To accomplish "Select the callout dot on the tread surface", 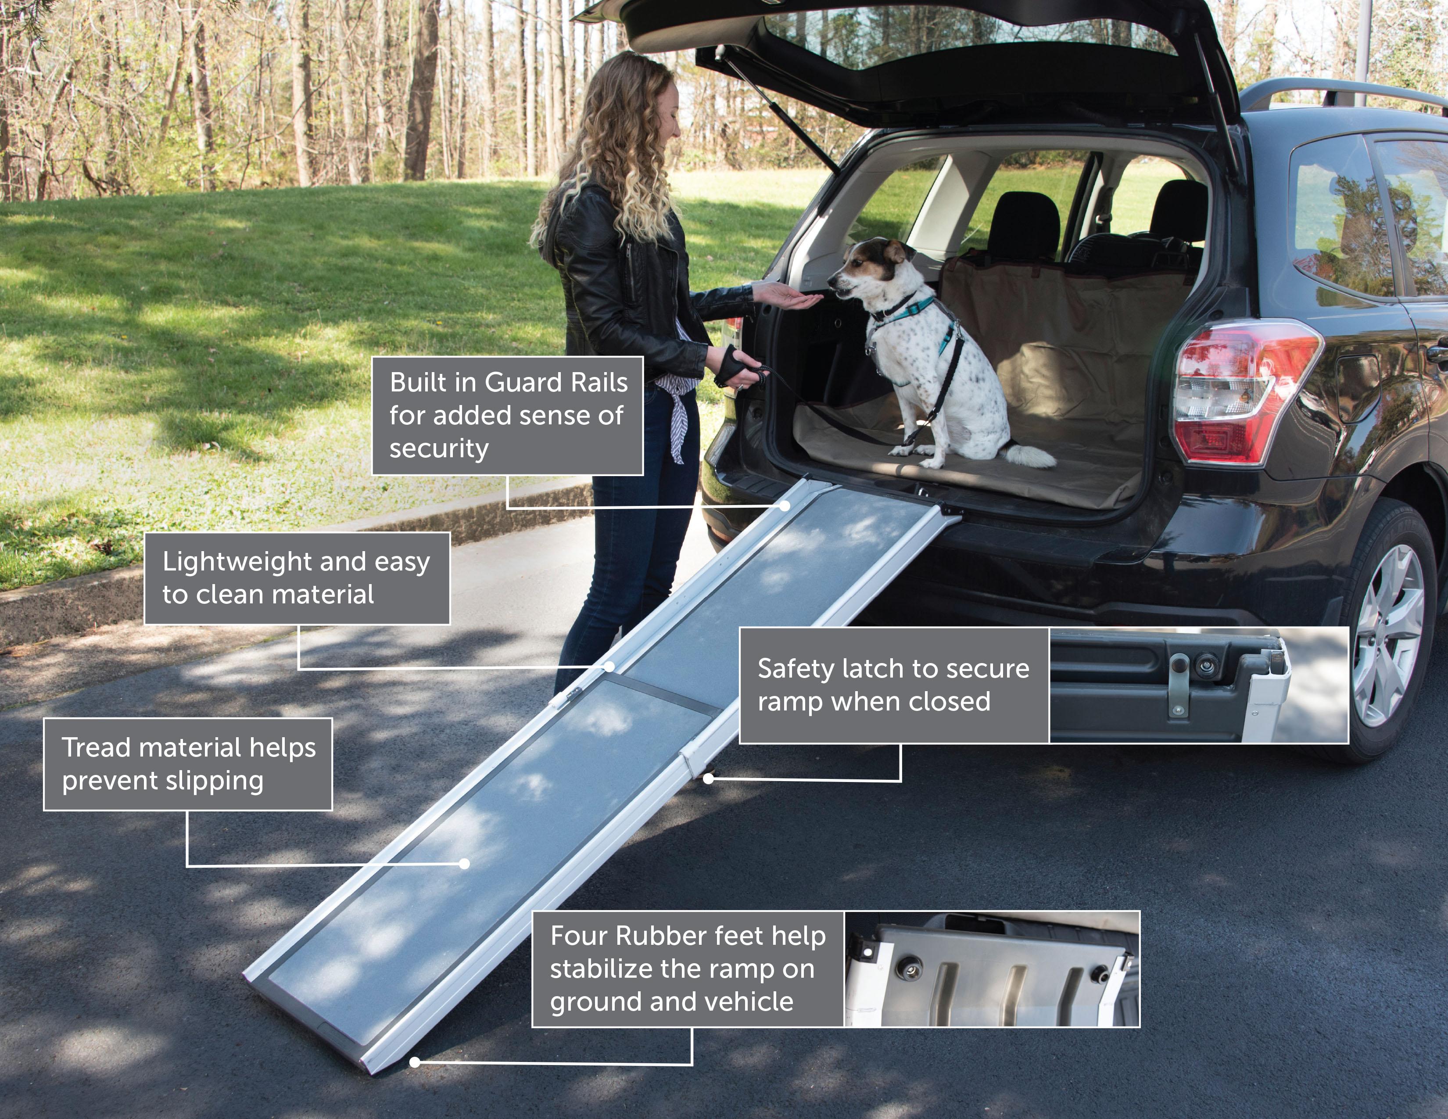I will (464, 864).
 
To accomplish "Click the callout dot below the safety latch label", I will (708, 779).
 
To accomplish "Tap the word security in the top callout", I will (439, 449).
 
